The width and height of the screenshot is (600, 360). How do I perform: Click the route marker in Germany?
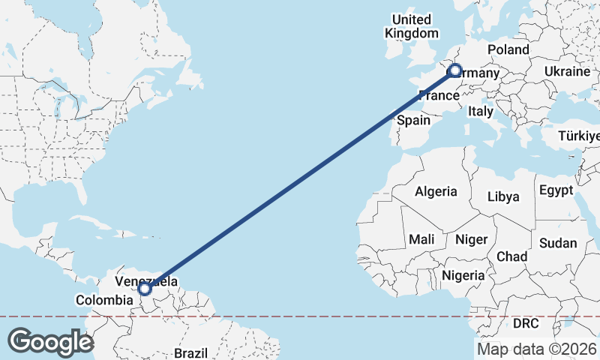454,71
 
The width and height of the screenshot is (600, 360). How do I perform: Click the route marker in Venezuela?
145,288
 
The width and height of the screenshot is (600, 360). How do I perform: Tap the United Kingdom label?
412,26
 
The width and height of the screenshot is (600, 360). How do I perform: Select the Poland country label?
508,49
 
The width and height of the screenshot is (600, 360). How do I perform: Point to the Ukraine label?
567,71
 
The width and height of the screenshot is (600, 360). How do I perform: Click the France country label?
438,95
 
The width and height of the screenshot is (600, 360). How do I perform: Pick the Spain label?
413,120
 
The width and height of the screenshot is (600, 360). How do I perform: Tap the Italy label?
480,111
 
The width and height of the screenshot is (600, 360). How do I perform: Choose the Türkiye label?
579,136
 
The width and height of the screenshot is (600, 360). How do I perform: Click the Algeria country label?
436,191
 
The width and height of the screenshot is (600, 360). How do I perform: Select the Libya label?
502,196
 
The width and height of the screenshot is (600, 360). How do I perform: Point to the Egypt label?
556,189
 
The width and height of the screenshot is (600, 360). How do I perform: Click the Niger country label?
472,239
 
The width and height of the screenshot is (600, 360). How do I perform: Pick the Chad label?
512,256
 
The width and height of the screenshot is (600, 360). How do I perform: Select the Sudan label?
558,243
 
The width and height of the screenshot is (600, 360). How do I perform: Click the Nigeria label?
463,275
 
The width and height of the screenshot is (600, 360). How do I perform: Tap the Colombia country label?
105,300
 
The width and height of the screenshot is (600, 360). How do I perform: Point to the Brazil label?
190,352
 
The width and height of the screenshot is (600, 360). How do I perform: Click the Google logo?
50,341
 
